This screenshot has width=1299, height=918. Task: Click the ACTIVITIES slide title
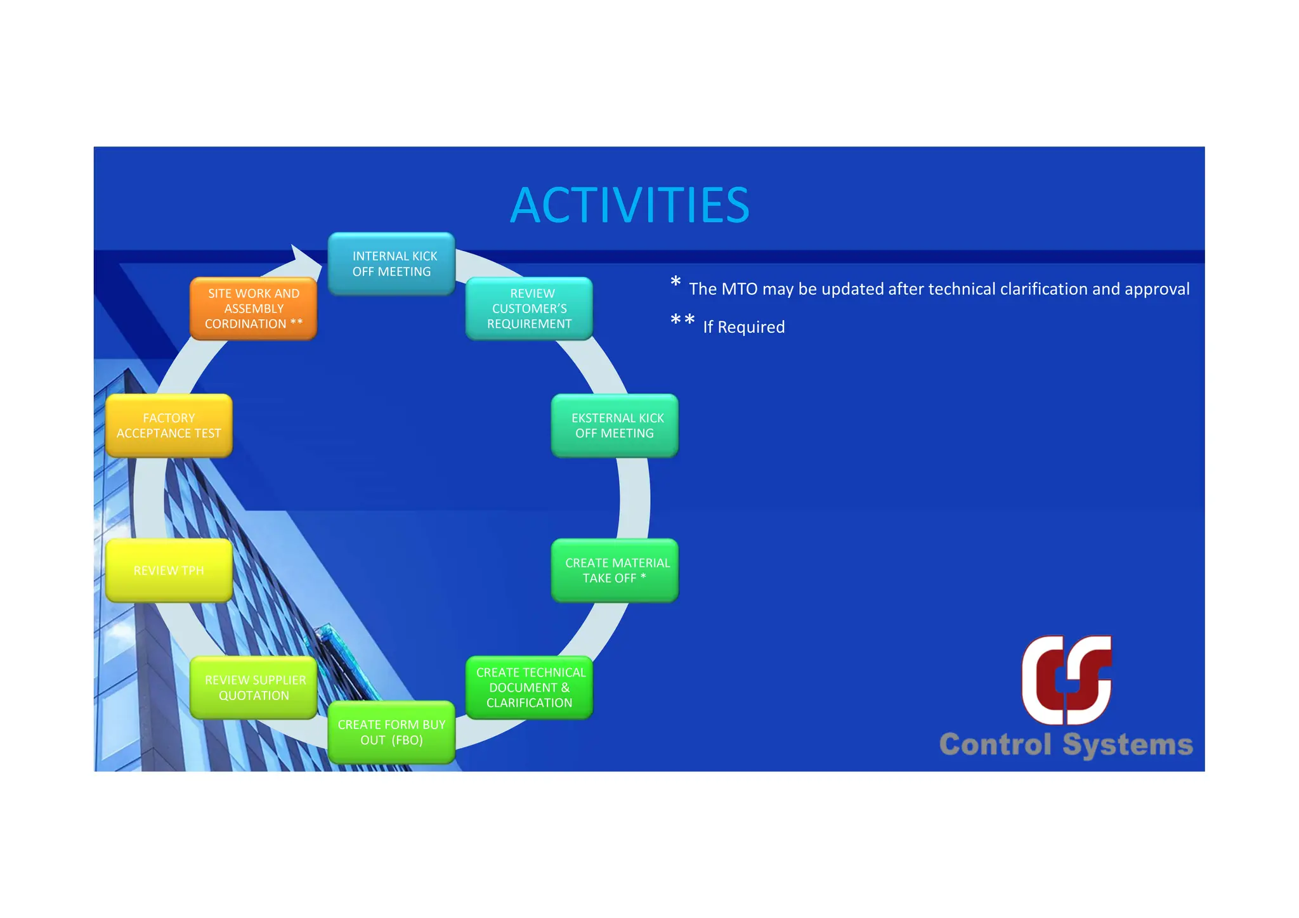point(629,205)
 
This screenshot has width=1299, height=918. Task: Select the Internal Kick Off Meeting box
point(391,264)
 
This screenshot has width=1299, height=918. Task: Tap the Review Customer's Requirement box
point(529,309)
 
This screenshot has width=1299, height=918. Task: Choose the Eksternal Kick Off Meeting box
point(615,425)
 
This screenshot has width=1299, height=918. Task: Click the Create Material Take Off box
point(615,571)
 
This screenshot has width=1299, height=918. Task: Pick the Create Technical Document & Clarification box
point(529,688)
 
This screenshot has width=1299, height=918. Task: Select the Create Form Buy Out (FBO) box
point(391,732)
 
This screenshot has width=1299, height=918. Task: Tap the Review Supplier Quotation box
point(254,688)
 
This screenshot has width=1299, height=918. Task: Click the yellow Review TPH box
point(169,571)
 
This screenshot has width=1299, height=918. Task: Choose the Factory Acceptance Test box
point(169,425)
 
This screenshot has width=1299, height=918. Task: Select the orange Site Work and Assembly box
point(253,309)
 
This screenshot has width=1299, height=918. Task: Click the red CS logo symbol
point(1066,680)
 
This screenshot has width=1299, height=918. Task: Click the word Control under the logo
point(995,745)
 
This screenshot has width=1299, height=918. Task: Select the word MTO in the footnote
point(739,289)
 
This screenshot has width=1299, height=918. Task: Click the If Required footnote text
point(743,327)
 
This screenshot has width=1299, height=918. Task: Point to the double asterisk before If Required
point(682,320)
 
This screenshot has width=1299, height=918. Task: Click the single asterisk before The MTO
point(676,282)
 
